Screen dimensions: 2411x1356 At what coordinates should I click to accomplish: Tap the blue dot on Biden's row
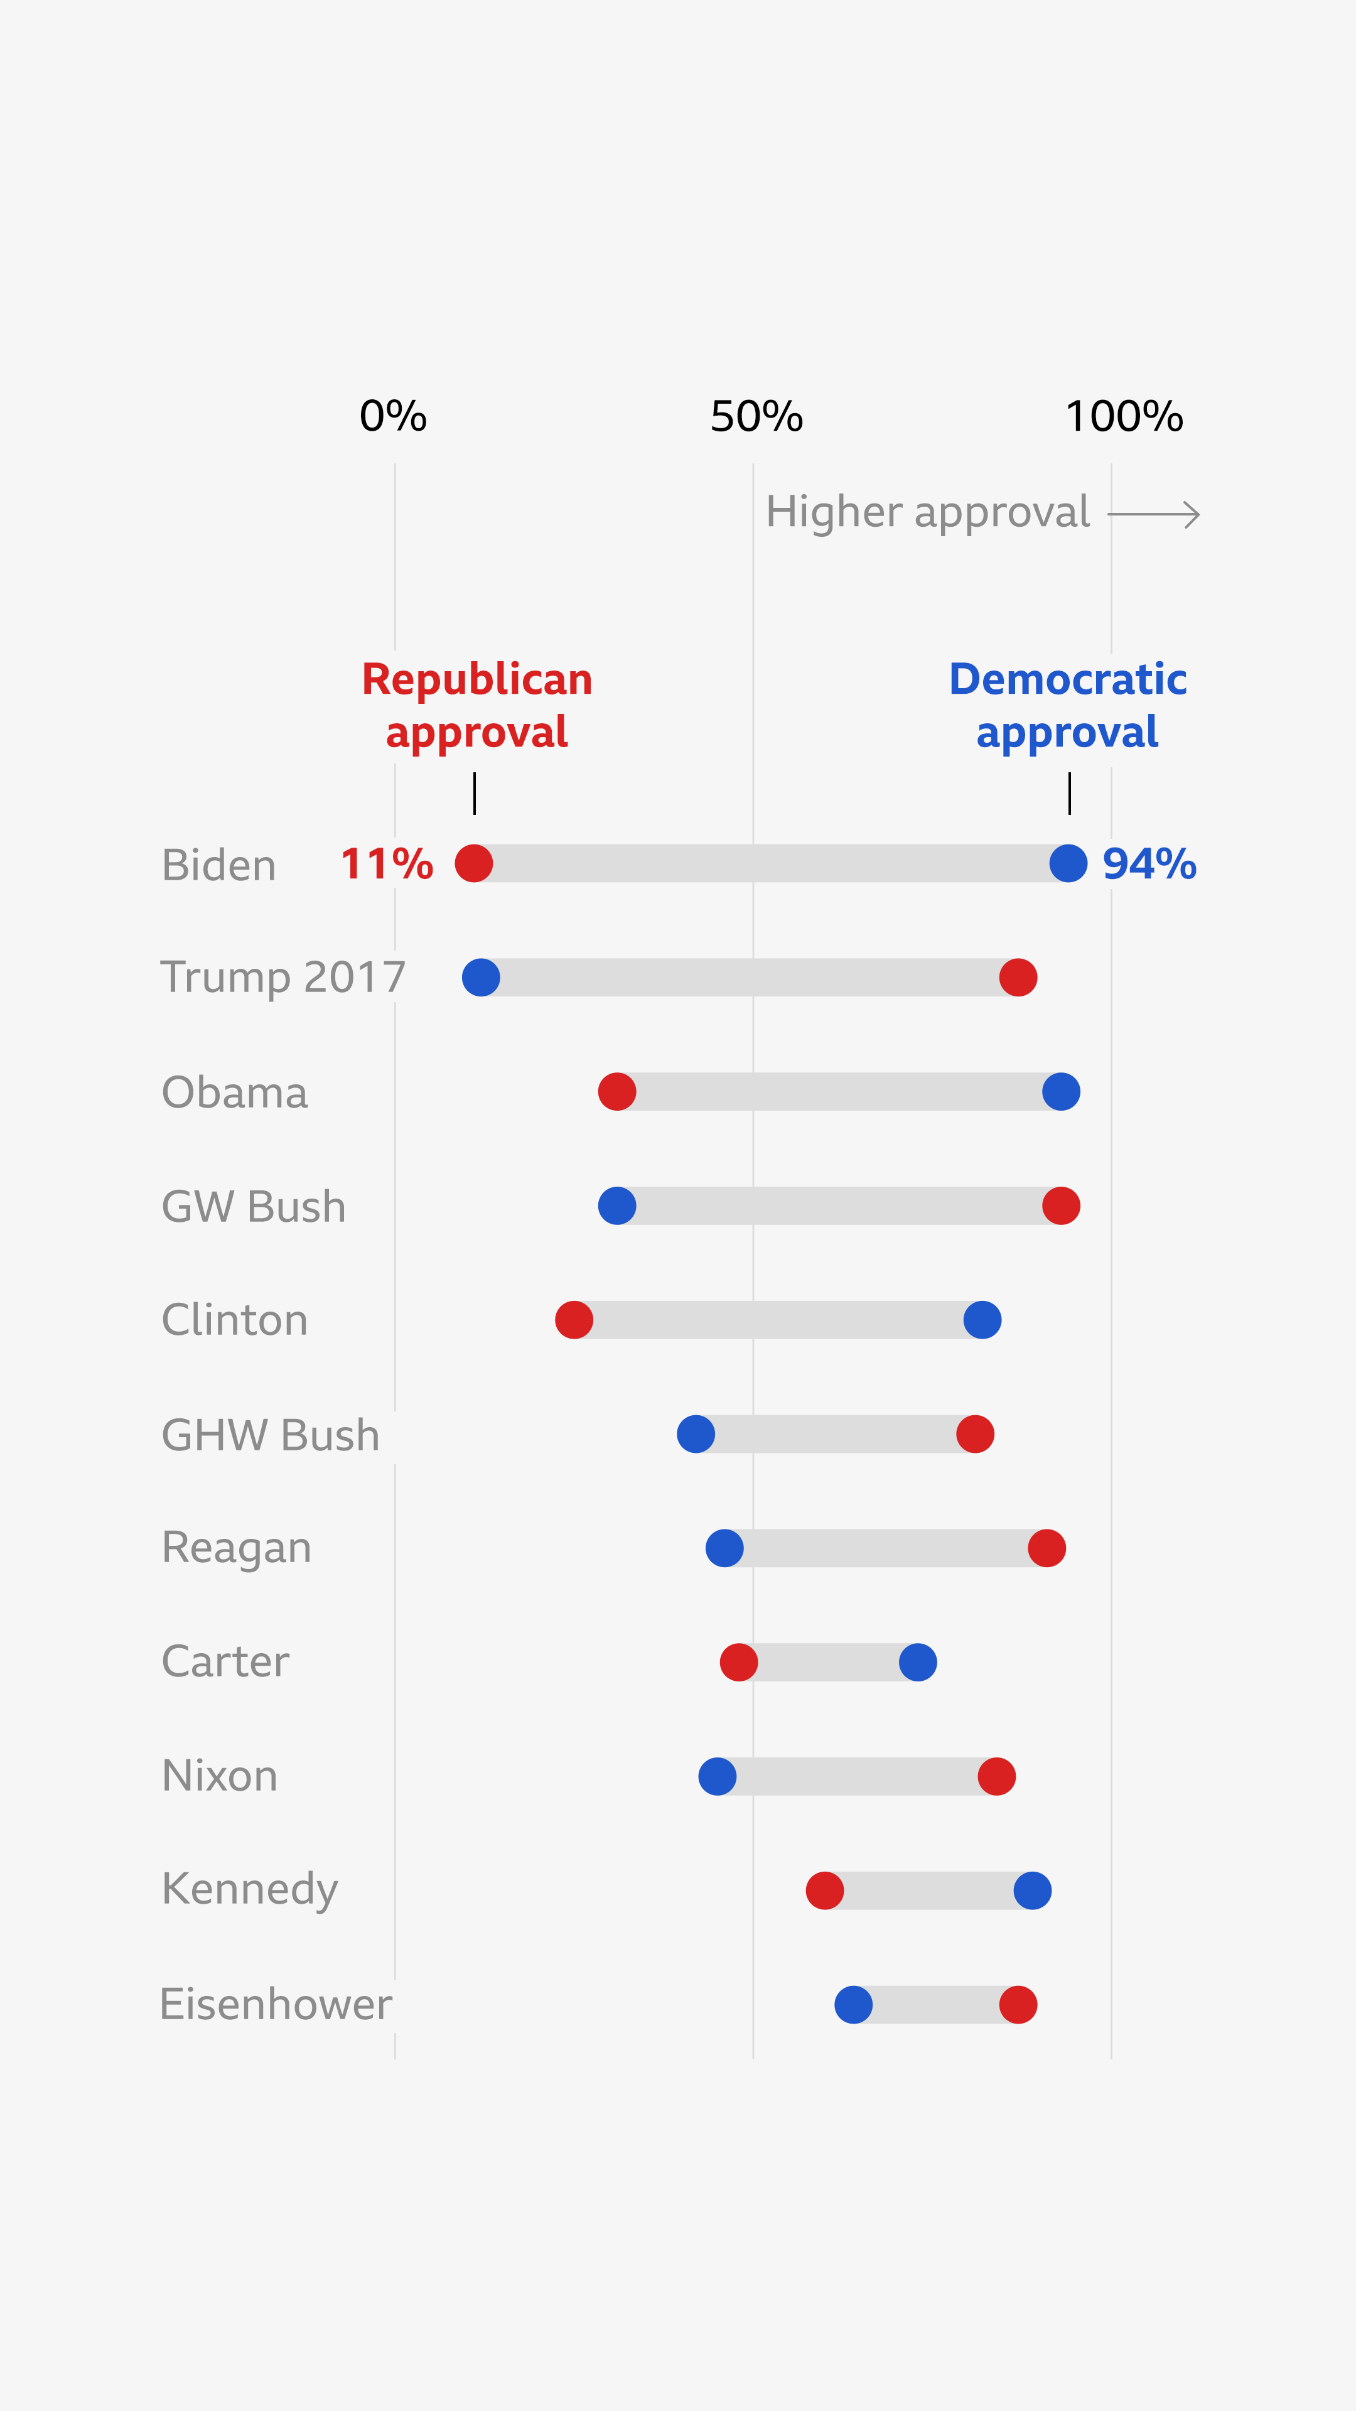pyautogui.click(x=1068, y=863)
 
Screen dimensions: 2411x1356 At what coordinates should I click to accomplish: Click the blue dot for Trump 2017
pyautogui.click(x=481, y=977)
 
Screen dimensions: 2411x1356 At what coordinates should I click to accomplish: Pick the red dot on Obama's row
pyautogui.click(x=616, y=1091)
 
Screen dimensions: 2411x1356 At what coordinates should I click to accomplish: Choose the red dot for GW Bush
pyautogui.click(x=1061, y=1205)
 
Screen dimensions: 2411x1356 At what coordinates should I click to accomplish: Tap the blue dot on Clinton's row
pyautogui.click(x=982, y=1320)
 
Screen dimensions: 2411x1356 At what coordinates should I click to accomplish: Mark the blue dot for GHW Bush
pyautogui.click(x=696, y=1434)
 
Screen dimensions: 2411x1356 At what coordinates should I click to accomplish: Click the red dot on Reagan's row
pyautogui.click(x=1047, y=1548)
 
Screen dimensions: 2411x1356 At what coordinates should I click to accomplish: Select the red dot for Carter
pyautogui.click(x=738, y=1662)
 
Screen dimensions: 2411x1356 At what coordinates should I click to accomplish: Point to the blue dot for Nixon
pyautogui.click(x=717, y=1776)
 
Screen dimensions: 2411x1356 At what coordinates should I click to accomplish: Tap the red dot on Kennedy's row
pyautogui.click(x=824, y=1891)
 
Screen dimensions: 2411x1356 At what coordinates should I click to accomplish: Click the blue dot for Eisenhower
pyautogui.click(x=854, y=2005)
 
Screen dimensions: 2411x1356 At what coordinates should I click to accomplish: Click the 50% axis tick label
pyautogui.click(x=756, y=416)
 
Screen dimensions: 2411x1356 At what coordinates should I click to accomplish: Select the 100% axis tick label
pyautogui.click(x=1124, y=416)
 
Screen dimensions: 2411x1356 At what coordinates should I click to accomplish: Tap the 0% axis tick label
pyautogui.click(x=393, y=416)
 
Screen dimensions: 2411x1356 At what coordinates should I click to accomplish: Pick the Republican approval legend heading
pyautogui.click(x=477, y=704)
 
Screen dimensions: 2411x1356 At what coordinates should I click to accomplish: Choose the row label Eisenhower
pyautogui.click(x=275, y=2005)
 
